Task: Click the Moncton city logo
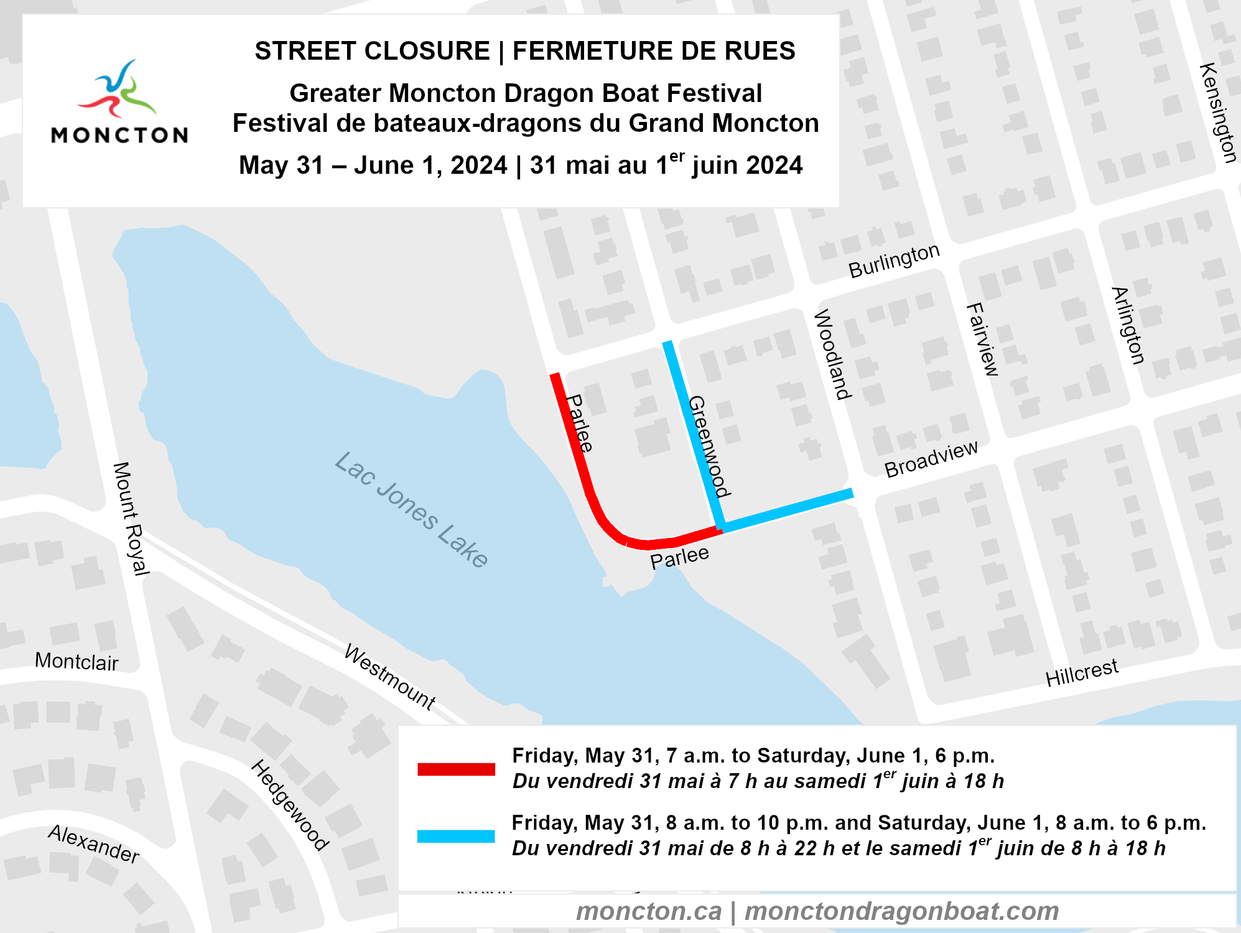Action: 119,103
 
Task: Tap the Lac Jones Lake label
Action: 411,509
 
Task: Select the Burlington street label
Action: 894,260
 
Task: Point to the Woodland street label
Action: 832,354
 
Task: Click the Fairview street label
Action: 982,340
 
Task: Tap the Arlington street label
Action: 1128,325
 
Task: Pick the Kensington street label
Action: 1217,113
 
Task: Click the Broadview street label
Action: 931,459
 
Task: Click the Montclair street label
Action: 77,661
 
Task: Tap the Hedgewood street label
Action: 290,804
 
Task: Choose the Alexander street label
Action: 94,844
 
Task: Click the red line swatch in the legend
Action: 456,769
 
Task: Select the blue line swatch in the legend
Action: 456,836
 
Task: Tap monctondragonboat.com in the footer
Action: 901,911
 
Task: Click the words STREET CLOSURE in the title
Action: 373,51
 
